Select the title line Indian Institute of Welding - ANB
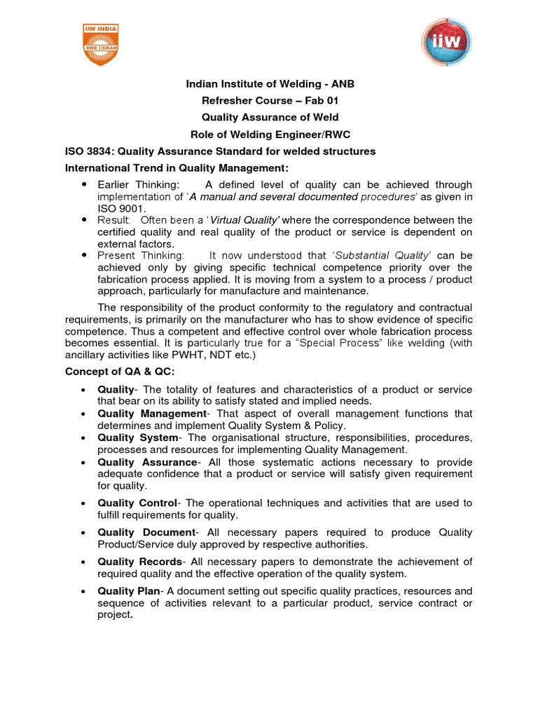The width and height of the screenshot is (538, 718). (x=270, y=84)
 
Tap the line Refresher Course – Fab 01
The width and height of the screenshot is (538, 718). (x=270, y=101)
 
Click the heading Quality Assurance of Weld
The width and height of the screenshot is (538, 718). (x=270, y=118)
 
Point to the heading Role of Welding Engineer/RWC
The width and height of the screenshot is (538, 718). (x=270, y=135)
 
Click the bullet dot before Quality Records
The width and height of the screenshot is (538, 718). (x=84, y=562)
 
